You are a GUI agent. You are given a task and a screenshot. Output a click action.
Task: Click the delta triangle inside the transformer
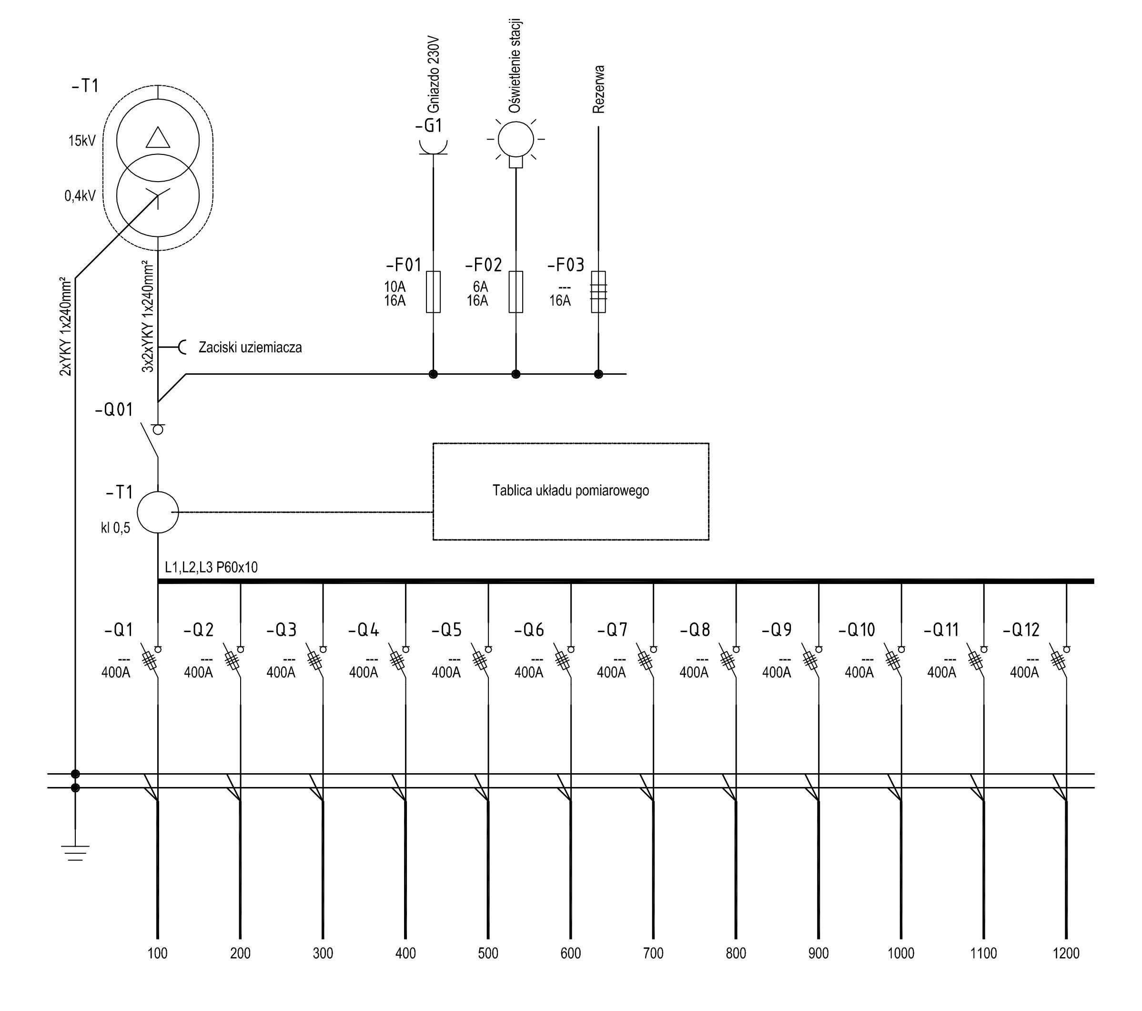tap(158, 137)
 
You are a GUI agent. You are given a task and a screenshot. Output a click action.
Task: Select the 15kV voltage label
tap(82, 141)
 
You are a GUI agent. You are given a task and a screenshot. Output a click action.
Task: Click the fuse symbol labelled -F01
tap(433, 292)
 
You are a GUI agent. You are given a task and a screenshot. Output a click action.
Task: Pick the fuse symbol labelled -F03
tap(598, 292)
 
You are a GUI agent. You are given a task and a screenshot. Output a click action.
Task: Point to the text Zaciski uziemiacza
tap(250, 347)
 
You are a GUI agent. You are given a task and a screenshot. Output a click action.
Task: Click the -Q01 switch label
tap(114, 410)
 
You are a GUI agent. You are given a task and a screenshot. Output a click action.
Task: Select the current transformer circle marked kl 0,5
tap(158, 512)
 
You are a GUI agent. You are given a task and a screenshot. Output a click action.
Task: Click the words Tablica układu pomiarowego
tap(570, 490)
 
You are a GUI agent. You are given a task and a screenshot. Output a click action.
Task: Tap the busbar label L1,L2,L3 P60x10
tap(211, 567)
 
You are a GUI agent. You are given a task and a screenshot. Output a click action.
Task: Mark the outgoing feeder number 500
tap(488, 953)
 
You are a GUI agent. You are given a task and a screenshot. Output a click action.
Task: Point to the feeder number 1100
tap(983, 953)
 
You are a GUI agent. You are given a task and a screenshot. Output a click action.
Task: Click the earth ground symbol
tap(75, 852)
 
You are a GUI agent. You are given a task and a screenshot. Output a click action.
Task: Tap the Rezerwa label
tap(598, 90)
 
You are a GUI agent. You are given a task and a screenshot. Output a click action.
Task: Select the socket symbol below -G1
tap(433, 148)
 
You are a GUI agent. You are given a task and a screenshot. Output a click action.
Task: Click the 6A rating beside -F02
tap(481, 286)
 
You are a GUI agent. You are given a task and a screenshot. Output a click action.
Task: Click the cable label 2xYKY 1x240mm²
tap(66, 327)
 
